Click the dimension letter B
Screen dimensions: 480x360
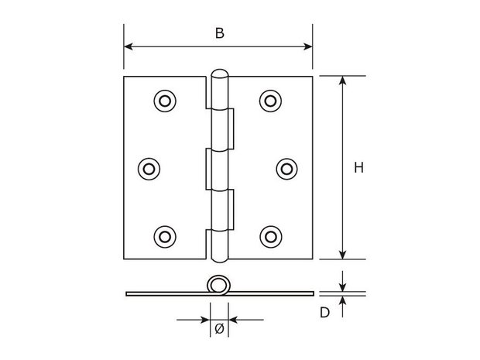pyautogui.click(x=220, y=33)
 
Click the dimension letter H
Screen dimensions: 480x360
pyautogui.click(x=358, y=168)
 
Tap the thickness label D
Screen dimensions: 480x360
pyautogui.click(x=324, y=313)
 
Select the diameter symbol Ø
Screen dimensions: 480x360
pyautogui.click(x=220, y=329)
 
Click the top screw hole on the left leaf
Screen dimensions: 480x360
pyautogui.click(x=165, y=101)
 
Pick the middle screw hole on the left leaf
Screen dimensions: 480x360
pyautogui.click(x=149, y=169)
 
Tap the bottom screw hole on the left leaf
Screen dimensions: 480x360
pyautogui.click(x=165, y=237)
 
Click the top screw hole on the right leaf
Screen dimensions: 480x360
pyautogui.click(x=271, y=101)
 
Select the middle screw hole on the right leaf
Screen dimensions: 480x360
pyautogui.click(x=286, y=169)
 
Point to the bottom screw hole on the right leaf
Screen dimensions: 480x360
pyautogui.click(x=271, y=237)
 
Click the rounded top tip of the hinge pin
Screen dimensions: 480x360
pyautogui.click(x=220, y=70)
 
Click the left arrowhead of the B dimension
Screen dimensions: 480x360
pyautogui.click(x=129, y=46)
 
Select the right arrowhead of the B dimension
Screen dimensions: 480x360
pyautogui.click(x=308, y=46)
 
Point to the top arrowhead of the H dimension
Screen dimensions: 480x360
pyautogui.click(x=342, y=81)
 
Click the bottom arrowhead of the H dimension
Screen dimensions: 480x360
pyautogui.click(x=342, y=255)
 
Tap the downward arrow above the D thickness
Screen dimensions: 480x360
pyautogui.click(x=342, y=281)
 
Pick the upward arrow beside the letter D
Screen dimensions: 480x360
pyautogui.click(x=342, y=307)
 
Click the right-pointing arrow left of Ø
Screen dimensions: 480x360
pyautogui.click(x=194, y=320)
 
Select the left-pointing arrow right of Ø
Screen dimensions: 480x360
pyautogui.click(x=246, y=320)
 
